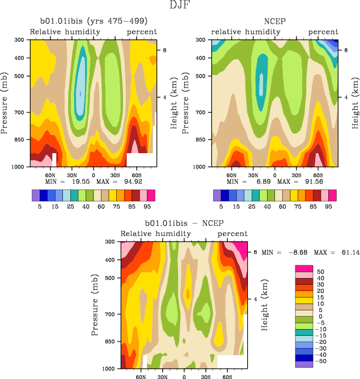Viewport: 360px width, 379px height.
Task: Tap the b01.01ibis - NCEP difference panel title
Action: pos(184,224)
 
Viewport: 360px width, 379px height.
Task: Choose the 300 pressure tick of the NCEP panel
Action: pos(200,40)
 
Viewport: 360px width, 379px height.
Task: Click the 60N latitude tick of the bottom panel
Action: pos(141,376)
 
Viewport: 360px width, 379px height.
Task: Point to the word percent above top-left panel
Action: pos(142,32)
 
